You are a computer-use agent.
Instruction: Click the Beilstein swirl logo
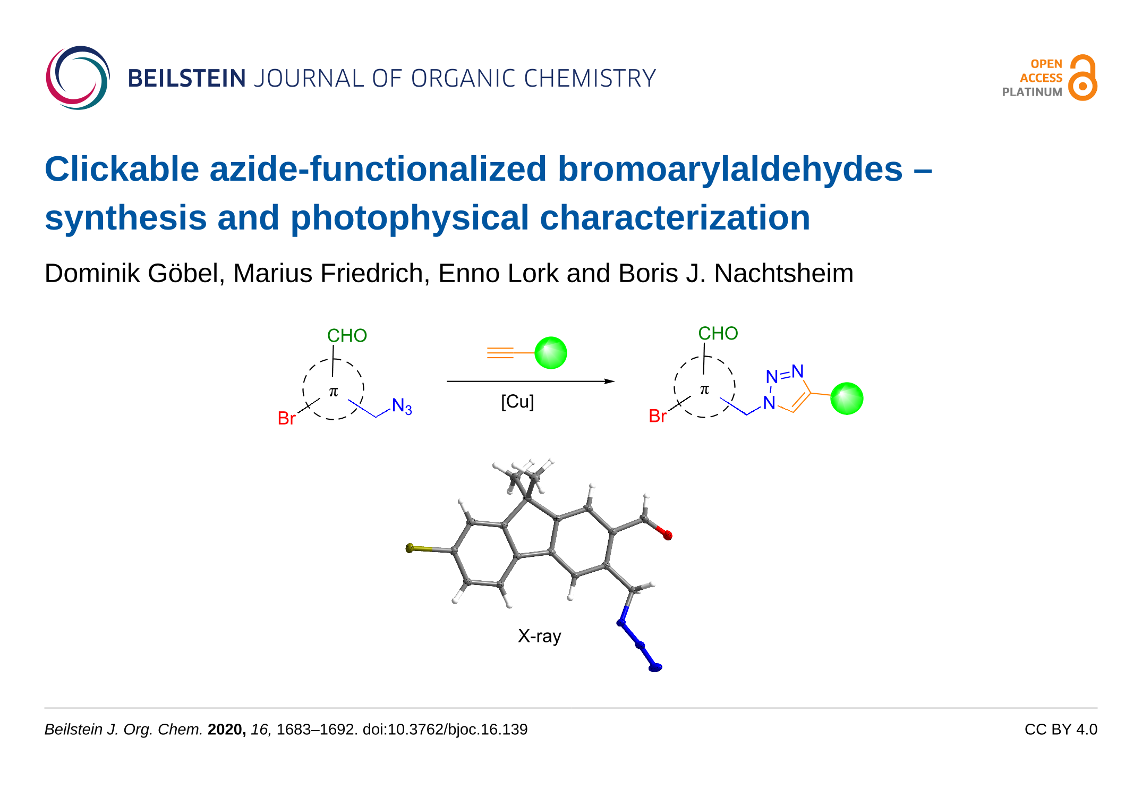(x=78, y=78)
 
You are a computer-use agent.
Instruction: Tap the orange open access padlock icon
(x=1083, y=78)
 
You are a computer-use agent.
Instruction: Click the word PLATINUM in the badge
(x=1032, y=92)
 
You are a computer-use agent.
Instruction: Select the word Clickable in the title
(x=122, y=170)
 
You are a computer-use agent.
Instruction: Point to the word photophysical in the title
(x=410, y=218)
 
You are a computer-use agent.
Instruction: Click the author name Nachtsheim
(x=783, y=274)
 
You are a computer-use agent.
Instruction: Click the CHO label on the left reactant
(x=347, y=336)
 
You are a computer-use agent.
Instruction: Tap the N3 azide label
(x=402, y=406)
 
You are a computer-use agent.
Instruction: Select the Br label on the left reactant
(x=286, y=418)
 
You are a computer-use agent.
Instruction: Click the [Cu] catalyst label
(x=517, y=402)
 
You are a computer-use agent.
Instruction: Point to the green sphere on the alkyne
(x=551, y=353)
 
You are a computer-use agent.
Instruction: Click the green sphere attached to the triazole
(x=847, y=399)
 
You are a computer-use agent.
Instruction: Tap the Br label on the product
(x=658, y=416)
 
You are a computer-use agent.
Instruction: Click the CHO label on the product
(x=718, y=333)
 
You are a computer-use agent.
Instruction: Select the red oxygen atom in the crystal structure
(x=668, y=535)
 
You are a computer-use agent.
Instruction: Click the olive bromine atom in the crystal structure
(x=410, y=548)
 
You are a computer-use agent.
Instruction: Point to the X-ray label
(x=539, y=636)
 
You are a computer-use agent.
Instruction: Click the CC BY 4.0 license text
(x=1060, y=730)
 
